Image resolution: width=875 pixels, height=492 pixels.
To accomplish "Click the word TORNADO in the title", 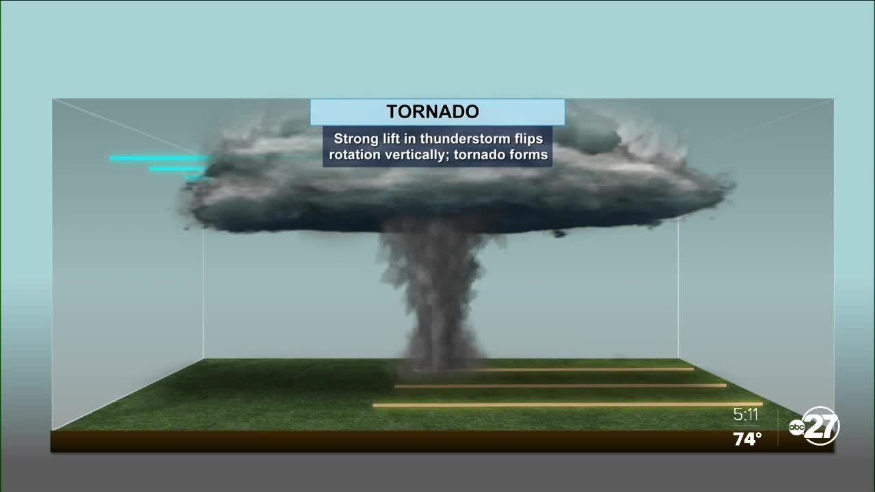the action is pyautogui.click(x=433, y=111).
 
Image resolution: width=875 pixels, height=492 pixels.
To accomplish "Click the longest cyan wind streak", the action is pyautogui.click(x=161, y=158).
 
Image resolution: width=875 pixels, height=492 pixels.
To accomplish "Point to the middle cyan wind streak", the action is pyautogui.click(x=177, y=169).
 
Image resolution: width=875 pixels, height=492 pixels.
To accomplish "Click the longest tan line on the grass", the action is pyautogui.click(x=567, y=405).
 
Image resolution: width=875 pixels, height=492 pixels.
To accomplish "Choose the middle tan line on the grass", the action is pyautogui.click(x=561, y=386).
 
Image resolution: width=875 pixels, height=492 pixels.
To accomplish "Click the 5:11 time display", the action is pyautogui.click(x=746, y=415).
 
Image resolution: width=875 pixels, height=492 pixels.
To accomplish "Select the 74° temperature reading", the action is pyautogui.click(x=747, y=439).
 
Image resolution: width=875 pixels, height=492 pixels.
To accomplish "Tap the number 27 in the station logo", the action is pyautogui.click(x=826, y=426).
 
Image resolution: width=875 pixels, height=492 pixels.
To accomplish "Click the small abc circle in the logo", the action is pyautogui.click(x=796, y=428).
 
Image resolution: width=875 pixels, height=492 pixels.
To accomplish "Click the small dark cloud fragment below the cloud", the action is pyautogui.click(x=559, y=234).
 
